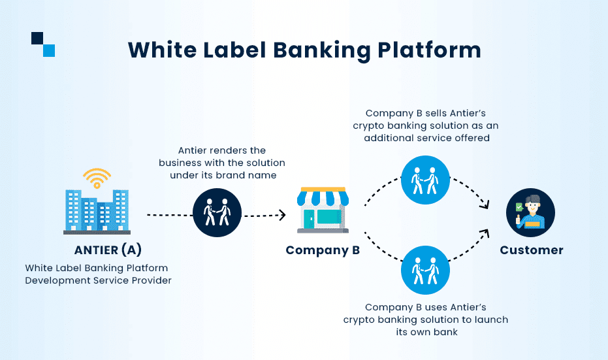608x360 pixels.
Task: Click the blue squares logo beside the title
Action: coord(43,44)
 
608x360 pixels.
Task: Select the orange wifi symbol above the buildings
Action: coord(97,177)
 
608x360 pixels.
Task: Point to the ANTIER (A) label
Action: coord(108,250)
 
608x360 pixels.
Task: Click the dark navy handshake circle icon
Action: coord(217,214)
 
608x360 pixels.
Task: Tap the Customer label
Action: coord(531,250)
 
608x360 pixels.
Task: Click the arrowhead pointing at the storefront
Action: coord(283,214)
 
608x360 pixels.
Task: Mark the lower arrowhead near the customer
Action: coord(484,231)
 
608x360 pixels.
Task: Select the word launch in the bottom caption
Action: coord(490,319)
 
